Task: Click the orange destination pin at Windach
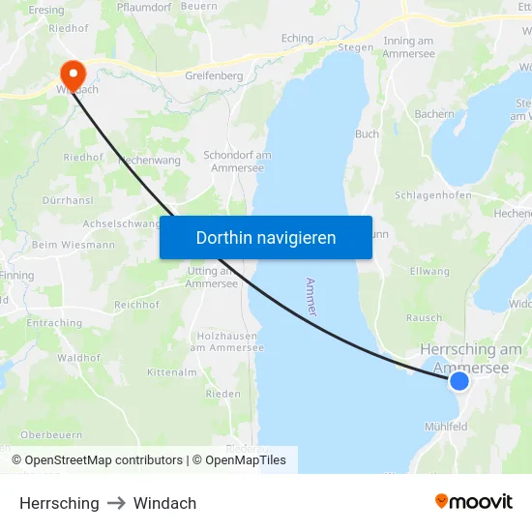coord(73,73)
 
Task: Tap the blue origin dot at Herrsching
coord(459,381)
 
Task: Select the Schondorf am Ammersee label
coord(237,161)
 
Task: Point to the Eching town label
coord(297,39)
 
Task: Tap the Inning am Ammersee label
coord(408,47)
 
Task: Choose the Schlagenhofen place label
coord(433,194)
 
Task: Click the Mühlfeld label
coord(446,426)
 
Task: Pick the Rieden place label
coord(222,394)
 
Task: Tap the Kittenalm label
coord(172,372)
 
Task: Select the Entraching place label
coord(54,323)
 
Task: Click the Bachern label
coord(434,114)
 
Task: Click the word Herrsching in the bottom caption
coord(59,503)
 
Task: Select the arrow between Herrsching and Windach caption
coord(116,503)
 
